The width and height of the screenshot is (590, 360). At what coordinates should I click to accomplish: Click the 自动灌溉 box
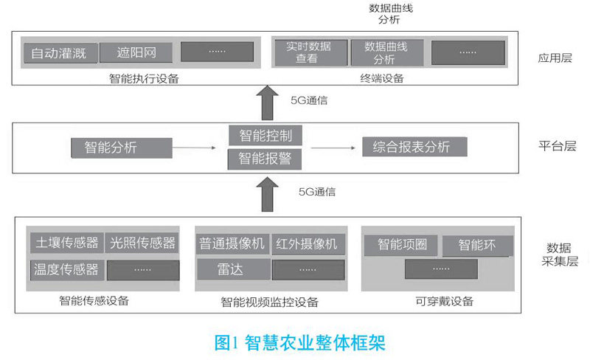(x=59, y=53)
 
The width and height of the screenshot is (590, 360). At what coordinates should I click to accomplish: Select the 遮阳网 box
(x=134, y=53)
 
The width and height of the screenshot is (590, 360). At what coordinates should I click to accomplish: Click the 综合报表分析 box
(x=414, y=146)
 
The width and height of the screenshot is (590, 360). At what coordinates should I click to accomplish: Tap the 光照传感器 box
(x=142, y=243)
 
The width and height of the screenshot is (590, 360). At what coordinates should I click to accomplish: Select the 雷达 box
(x=232, y=269)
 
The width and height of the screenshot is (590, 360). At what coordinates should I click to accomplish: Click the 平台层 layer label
(x=556, y=146)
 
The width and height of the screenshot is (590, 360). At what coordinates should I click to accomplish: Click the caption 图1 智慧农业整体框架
(x=299, y=342)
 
